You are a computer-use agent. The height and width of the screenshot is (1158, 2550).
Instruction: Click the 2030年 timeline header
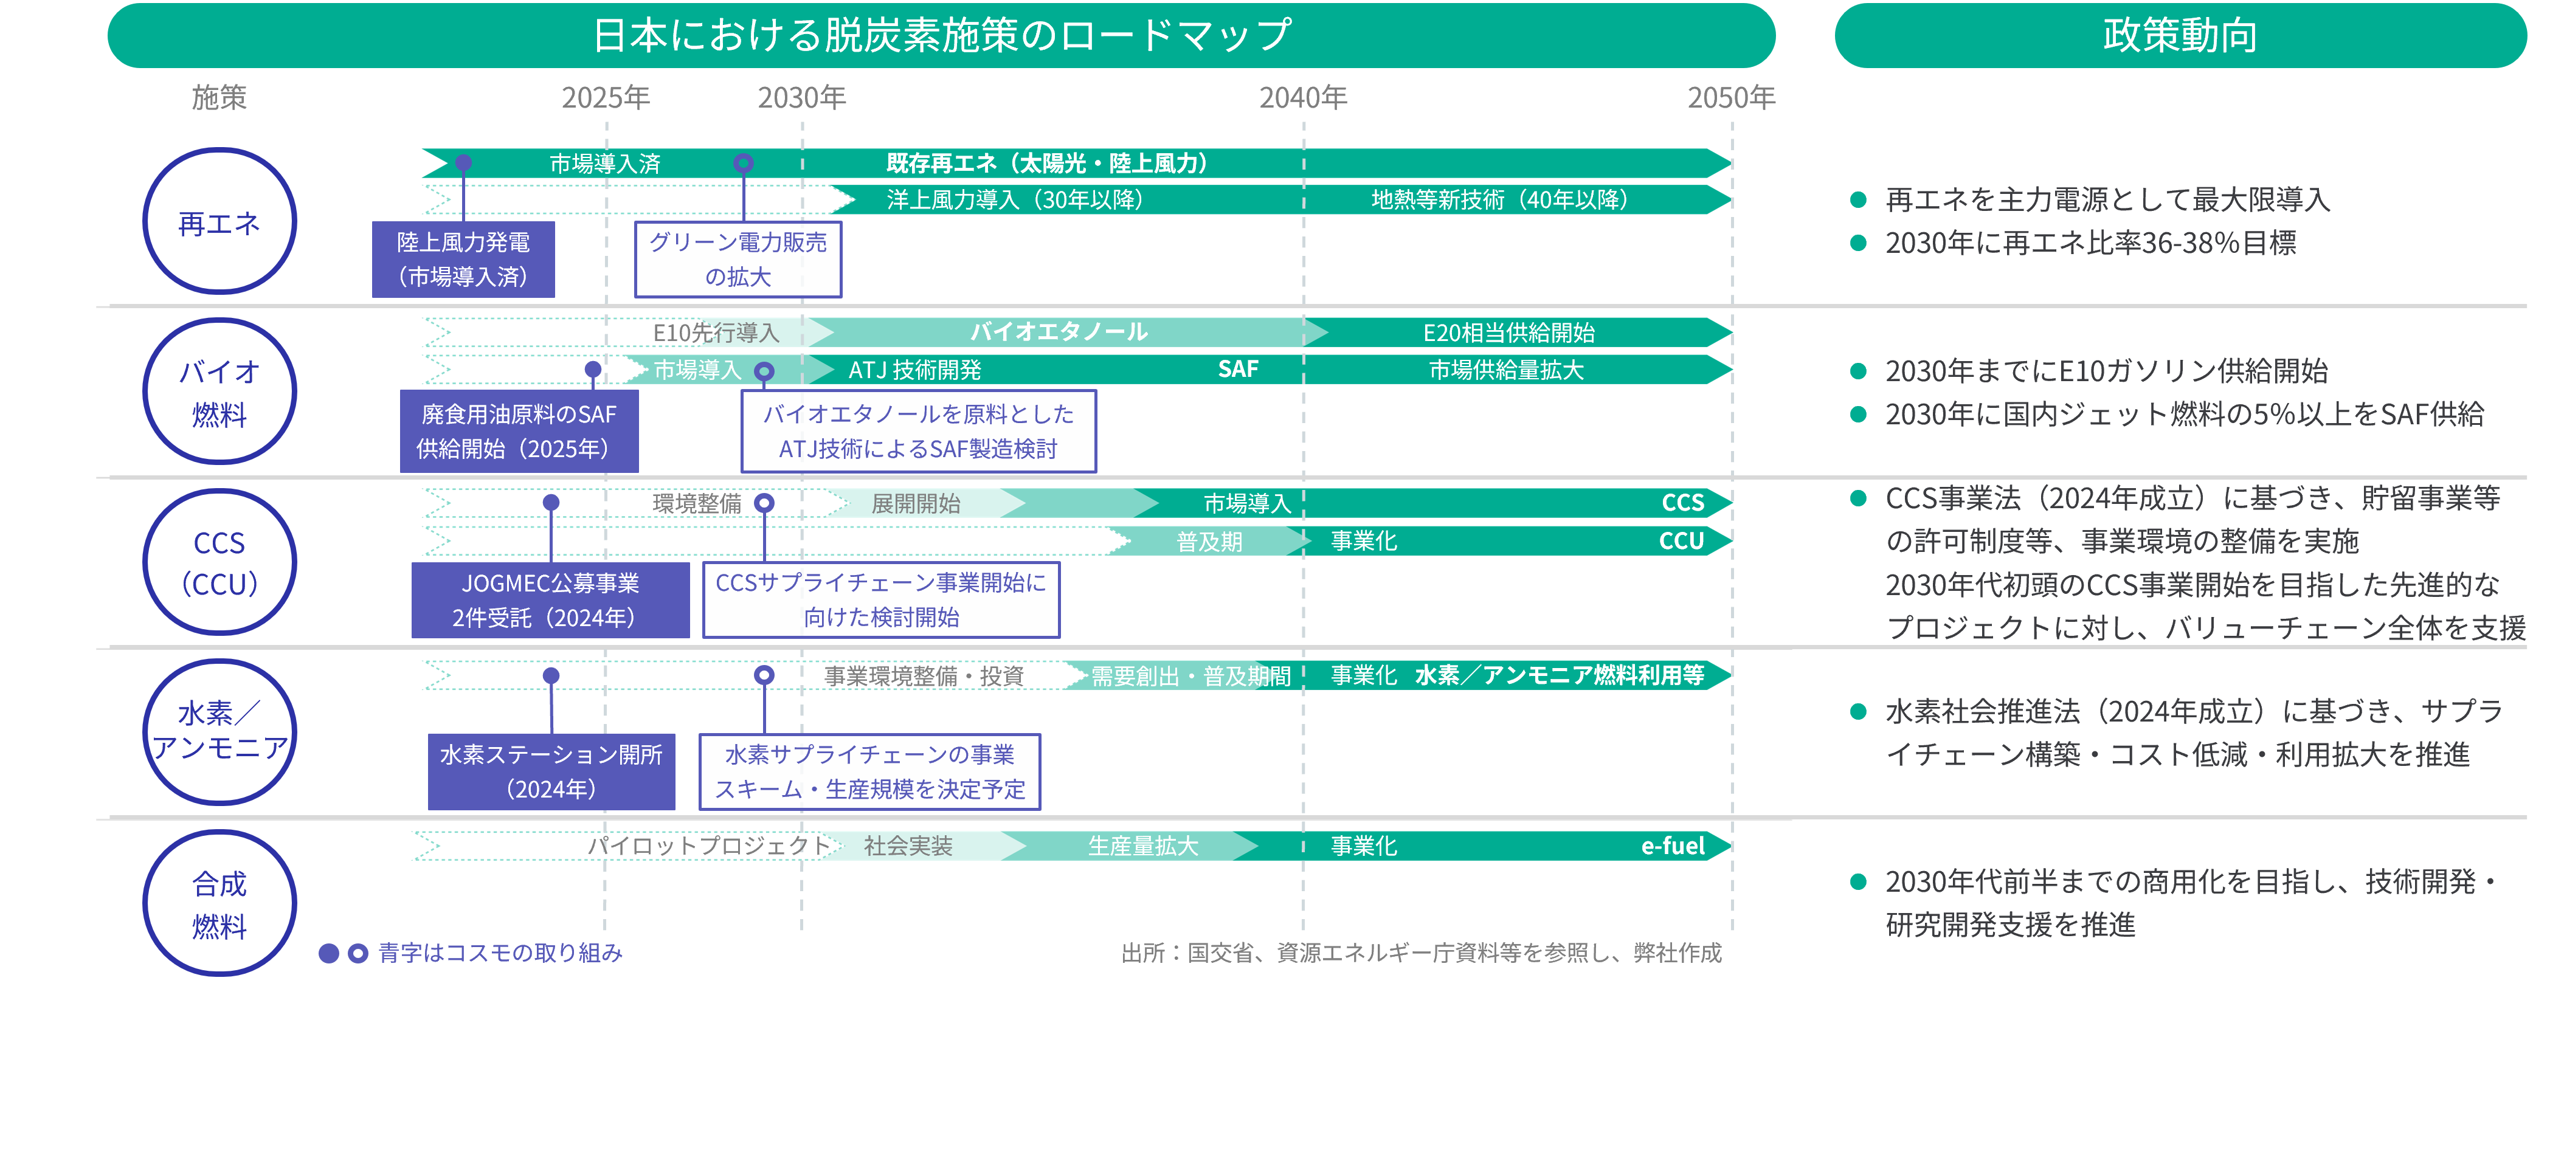(x=802, y=97)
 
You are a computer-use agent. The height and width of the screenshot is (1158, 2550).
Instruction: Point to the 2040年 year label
(x=1303, y=97)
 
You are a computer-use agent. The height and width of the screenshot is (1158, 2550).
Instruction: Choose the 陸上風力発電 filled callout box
(x=463, y=260)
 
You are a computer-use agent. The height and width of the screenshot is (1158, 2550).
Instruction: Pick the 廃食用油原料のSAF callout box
(x=519, y=432)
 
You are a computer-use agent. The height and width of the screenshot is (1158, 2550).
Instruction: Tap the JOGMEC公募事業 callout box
(x=550, y=600)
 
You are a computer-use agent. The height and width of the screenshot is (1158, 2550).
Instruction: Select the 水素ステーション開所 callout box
(x=551, y=772)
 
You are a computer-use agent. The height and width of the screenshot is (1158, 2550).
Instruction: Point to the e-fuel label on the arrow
(x=1673, y=846)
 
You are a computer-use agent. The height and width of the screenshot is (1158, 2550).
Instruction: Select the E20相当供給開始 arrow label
(x=1508, y=333)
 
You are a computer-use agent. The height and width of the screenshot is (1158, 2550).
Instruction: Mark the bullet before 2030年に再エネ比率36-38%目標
(x=1858, y=243)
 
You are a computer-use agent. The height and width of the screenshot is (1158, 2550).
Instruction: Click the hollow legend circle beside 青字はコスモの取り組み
(x=358, y=953)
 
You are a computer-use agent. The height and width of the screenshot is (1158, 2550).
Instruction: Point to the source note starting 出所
(x=1422, y=953)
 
